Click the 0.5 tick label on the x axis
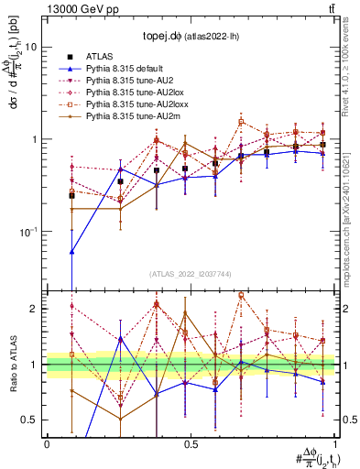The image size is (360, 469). (x=191, y=444)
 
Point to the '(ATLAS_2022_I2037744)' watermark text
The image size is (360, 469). (x=191, y=274)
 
